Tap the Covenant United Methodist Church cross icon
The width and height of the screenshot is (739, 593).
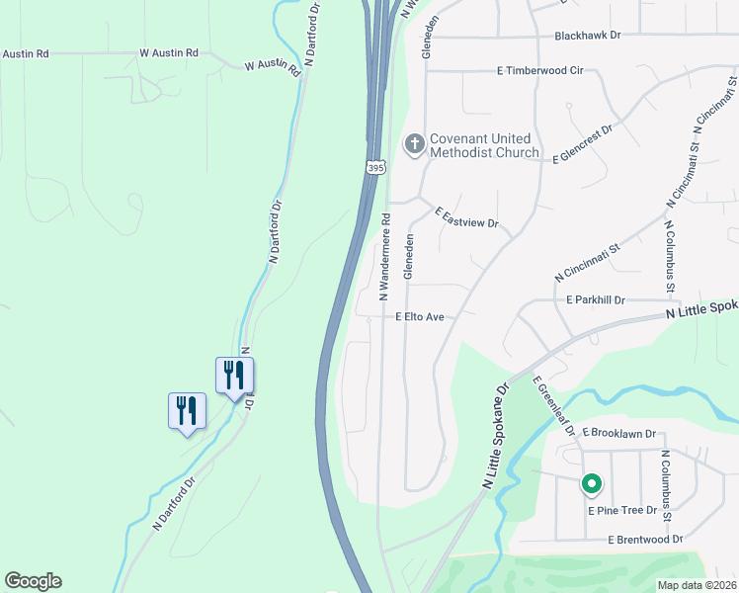414,145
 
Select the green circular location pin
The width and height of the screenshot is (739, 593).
591,484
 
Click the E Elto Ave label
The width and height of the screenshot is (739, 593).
420,317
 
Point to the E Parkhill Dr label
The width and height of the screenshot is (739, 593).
596,299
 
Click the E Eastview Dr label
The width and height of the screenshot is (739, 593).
466,217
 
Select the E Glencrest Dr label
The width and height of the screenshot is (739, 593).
583,143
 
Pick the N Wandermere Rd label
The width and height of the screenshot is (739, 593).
385,257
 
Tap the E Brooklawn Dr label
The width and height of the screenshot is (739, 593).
619,433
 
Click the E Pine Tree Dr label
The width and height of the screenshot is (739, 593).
622,510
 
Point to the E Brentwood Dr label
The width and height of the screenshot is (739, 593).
645,540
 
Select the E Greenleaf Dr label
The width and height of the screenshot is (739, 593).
553,405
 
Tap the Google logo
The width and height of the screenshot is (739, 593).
33,581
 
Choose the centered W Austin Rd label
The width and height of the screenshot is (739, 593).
169,52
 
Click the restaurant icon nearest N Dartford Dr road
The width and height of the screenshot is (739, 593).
235,376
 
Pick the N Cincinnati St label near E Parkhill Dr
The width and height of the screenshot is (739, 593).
587,259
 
